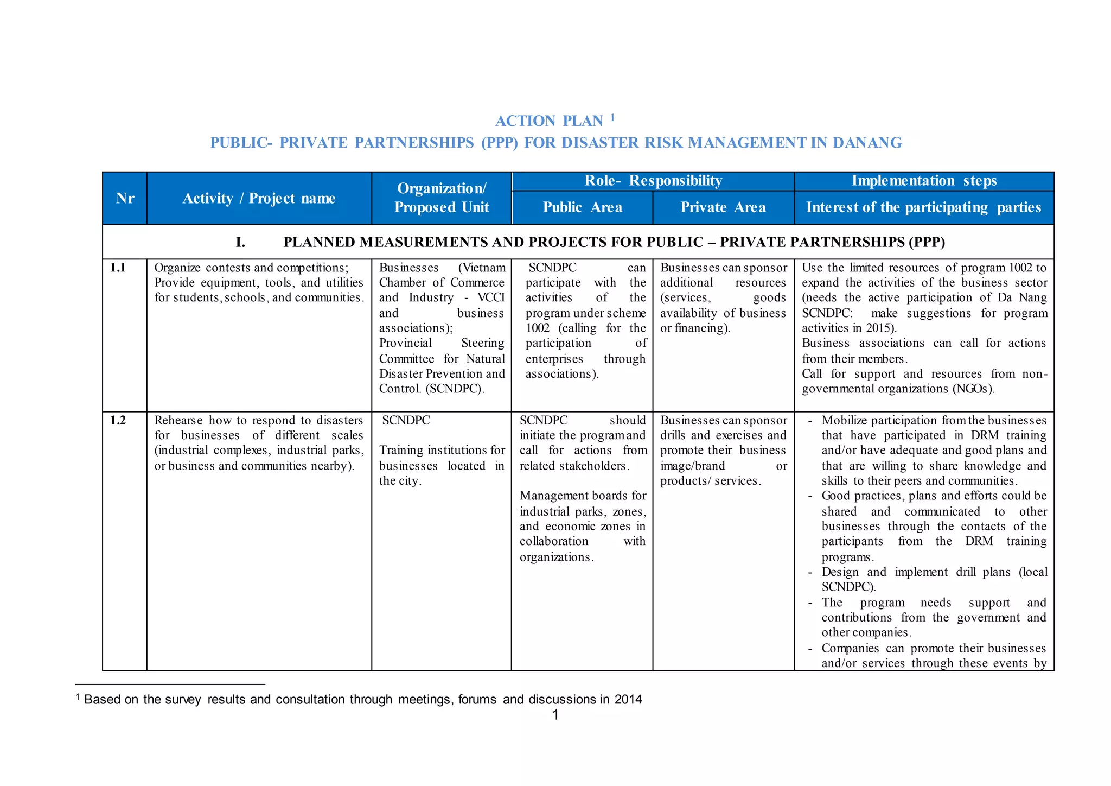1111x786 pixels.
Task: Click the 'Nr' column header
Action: point(125,199)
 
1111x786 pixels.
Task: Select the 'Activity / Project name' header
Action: point(259,199)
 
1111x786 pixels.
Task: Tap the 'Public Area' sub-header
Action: point(582,207)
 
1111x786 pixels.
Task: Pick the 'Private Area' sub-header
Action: point(723,207)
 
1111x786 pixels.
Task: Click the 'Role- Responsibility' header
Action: point(653,181)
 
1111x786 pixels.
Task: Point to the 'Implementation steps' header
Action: point(924,181)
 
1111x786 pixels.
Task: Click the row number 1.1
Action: point(118,268)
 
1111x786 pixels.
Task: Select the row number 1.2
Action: point(118,420)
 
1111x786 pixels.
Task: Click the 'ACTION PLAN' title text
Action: point(549,121)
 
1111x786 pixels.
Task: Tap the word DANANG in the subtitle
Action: point(867,143)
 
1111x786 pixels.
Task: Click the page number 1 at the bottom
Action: point(555,715)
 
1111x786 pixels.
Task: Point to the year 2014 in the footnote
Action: point(628,700)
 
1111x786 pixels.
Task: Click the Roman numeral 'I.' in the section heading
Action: point(240,242)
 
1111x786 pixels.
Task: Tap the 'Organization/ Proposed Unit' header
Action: point(442,198)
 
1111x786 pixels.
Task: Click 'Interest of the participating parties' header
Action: point(924,207)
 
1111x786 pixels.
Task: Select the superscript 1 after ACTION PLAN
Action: point(612,117)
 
